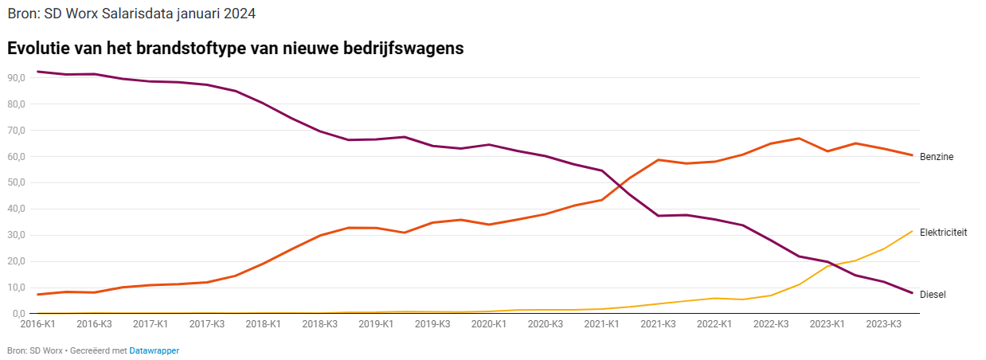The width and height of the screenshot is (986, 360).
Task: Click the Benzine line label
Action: click(936, 157)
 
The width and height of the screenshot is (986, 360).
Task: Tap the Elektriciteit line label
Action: click(943, 233)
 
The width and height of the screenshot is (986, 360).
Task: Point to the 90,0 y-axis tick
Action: click(18, 78)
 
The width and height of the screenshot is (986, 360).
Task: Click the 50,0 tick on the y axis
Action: click(18, 183)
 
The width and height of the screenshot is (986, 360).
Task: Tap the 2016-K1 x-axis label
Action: click(37, 324)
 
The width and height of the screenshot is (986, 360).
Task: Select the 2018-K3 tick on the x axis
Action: click(319, 324)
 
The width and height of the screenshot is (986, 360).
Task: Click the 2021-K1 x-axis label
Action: click(601, 324)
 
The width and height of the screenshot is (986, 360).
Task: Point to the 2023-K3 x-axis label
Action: click(883, 324)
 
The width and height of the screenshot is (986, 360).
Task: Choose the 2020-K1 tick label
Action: click(489, 324)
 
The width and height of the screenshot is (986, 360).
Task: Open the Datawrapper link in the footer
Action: click(154, 350)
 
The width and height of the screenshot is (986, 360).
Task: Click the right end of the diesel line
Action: click(911, 293)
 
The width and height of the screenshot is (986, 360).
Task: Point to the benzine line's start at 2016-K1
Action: click(38, 295)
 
